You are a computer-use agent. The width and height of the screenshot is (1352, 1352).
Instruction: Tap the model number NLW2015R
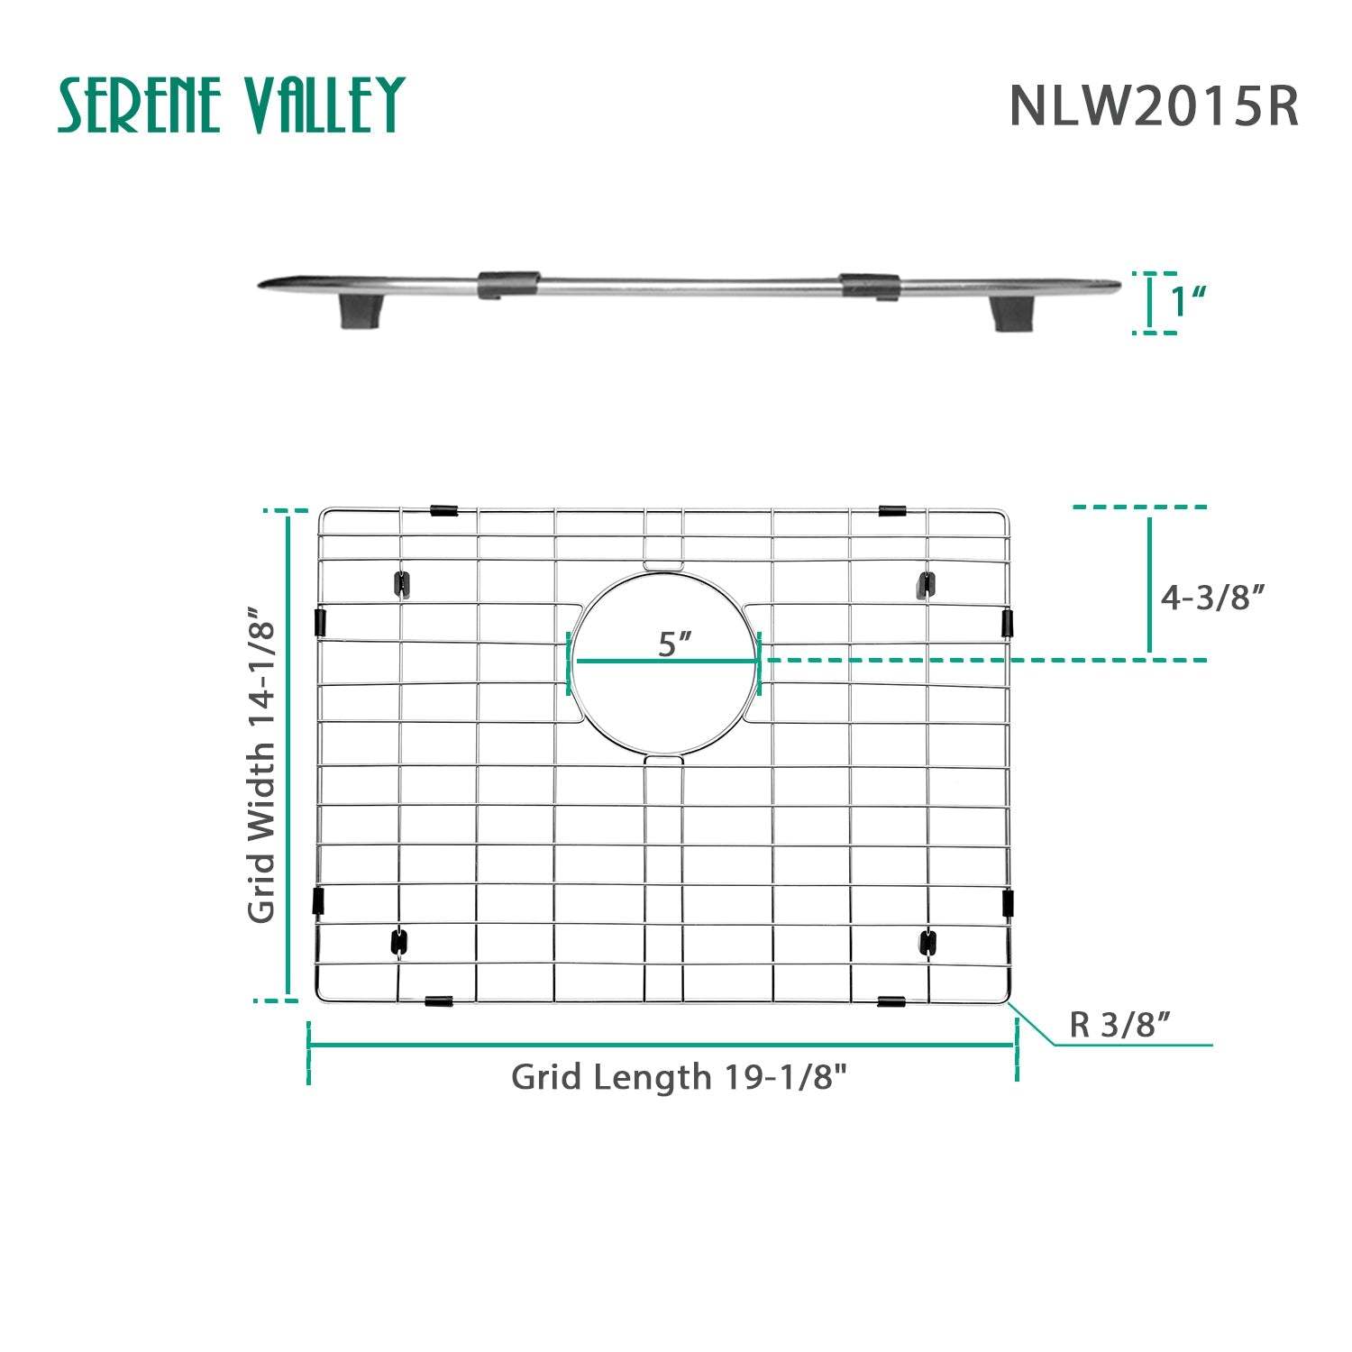click(x=1153, y=106)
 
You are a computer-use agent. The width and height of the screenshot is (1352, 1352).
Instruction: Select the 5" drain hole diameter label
click(x=674, y=644)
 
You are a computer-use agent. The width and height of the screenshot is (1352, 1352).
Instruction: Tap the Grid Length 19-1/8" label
click(x=679, y=1076)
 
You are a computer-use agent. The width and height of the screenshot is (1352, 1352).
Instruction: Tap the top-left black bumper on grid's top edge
click(x=443, y=510)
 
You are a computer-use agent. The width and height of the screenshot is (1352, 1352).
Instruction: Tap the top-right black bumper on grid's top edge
click(x=891, y=510)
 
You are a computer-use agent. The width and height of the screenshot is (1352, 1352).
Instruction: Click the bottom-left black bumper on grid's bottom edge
click(x=438, y=1000)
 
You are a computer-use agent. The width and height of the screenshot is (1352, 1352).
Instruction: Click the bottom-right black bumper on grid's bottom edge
click(x=891, y=1000)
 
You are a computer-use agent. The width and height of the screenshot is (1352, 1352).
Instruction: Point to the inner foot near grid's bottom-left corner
click(x=397, y=943)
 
